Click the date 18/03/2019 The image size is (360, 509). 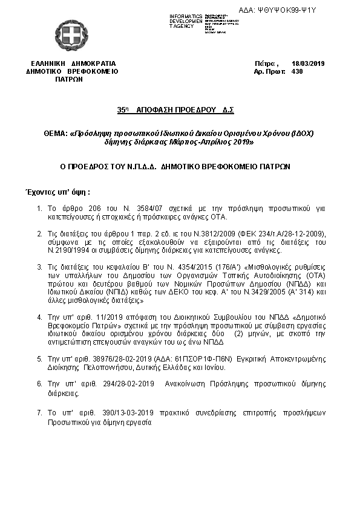[x=308, y=63]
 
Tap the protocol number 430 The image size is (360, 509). [x=296, y=71]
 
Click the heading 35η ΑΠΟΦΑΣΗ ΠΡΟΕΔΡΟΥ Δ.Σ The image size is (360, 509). [x=175, y=111]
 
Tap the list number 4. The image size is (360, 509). [x=39, y=317]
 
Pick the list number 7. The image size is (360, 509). [x=39, y=412]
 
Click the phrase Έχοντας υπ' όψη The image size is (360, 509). [x=56, y=191]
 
